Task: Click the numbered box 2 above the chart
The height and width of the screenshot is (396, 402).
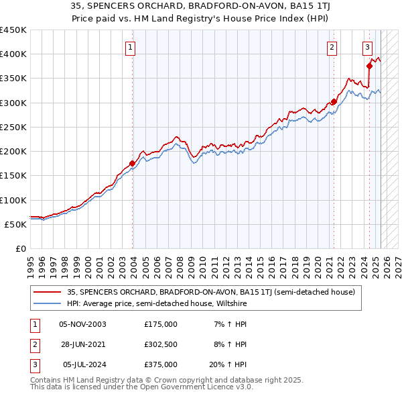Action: click(x=332, y=47)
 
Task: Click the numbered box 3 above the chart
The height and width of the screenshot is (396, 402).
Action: click(x=368, y=47)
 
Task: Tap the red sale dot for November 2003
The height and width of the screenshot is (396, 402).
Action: click(x=133, y=163)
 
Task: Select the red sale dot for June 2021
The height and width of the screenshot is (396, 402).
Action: click(x=334, y=101)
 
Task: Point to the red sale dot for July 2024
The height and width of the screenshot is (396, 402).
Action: click(x=369, y=66)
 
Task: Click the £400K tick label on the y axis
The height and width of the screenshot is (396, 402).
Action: click(x=13, y=54)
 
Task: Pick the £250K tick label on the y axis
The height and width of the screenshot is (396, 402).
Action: click(x=13, y=127)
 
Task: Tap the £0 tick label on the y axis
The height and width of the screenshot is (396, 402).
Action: click(x=20, y=248)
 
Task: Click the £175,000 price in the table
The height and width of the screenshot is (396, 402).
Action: click(x=161, y=324)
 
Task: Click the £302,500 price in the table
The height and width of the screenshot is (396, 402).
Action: click(x=161, y=344)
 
